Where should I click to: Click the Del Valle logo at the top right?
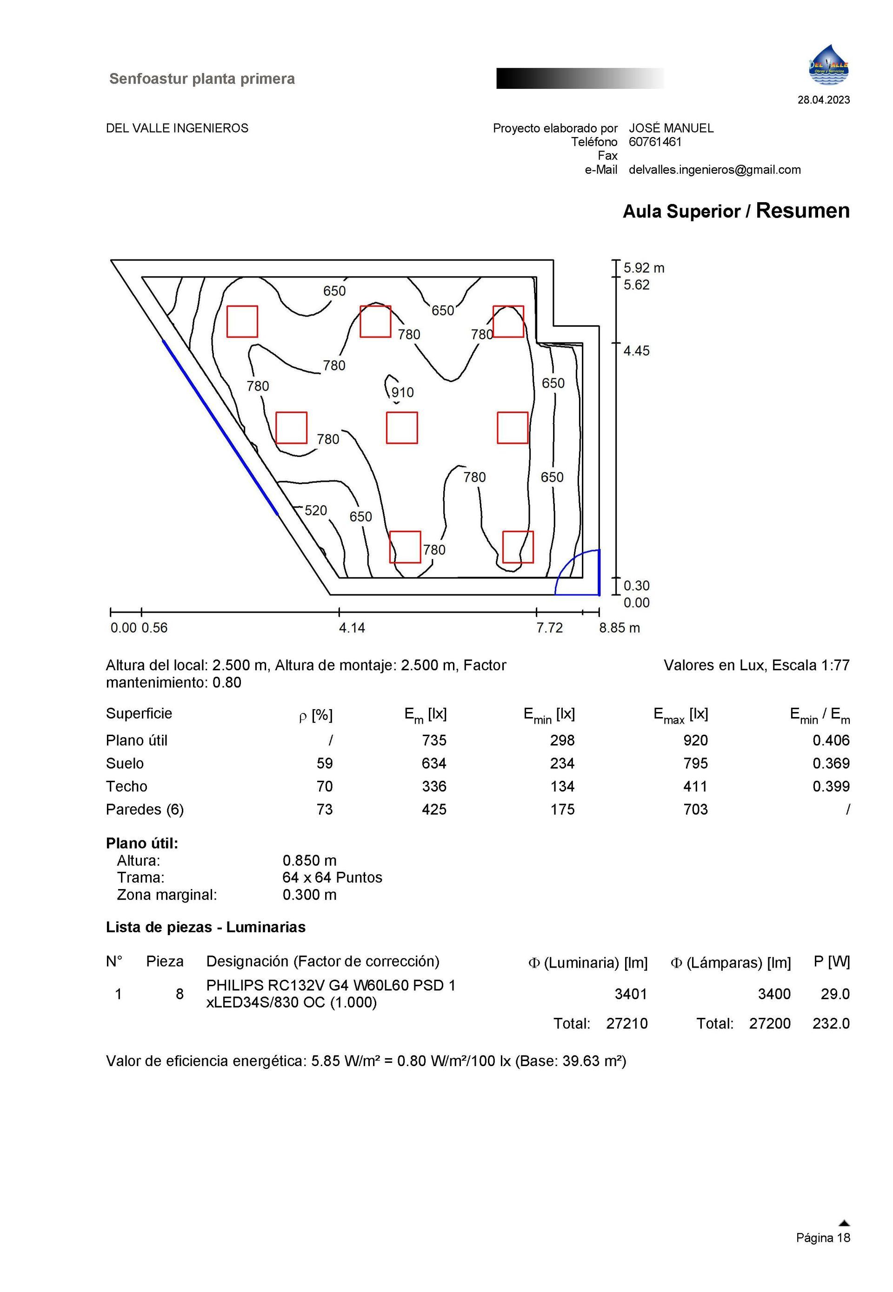coord(828,66)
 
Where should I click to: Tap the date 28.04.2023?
coord(823,100)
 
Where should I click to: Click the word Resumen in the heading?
coord(802,211)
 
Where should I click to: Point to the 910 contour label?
coord(402,392)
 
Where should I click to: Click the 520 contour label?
coord(315,510)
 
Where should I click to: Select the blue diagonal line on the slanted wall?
coord(220,427)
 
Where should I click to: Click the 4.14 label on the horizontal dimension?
coord(352,628)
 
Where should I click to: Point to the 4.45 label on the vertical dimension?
coord(636,351)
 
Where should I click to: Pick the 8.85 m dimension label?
coord(620,628)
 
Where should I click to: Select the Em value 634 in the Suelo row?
coord(434,763)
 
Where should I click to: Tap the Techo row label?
coord(127,786)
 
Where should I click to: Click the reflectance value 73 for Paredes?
coord(325,809)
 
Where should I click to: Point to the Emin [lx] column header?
coord(549,714)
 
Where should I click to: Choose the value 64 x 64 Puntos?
coord(333,877)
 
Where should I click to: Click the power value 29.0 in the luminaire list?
coord(835,994)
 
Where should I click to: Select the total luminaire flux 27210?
coord(626,1024)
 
